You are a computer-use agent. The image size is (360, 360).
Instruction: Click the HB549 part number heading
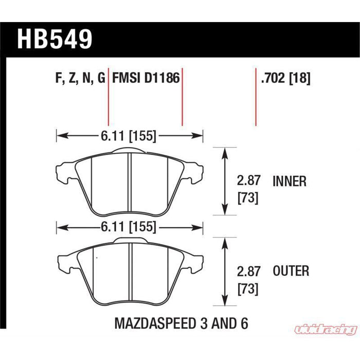(55, 39)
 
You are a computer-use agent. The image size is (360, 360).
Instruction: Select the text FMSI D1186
(146, 78)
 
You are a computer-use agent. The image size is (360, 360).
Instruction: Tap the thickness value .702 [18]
(285, 78)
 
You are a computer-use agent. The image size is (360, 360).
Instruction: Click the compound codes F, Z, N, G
(80, 78)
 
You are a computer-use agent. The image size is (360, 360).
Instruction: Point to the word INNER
(290, 182)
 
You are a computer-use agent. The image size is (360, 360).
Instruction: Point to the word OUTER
(291, 271)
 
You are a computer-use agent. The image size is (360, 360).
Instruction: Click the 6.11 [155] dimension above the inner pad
(129, 136)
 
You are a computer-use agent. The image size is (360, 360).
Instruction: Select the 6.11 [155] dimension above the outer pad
(129, 227)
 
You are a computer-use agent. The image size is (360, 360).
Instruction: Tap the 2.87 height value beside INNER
(248, 181)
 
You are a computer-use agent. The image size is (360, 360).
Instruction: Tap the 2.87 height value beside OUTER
(248, 272)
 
